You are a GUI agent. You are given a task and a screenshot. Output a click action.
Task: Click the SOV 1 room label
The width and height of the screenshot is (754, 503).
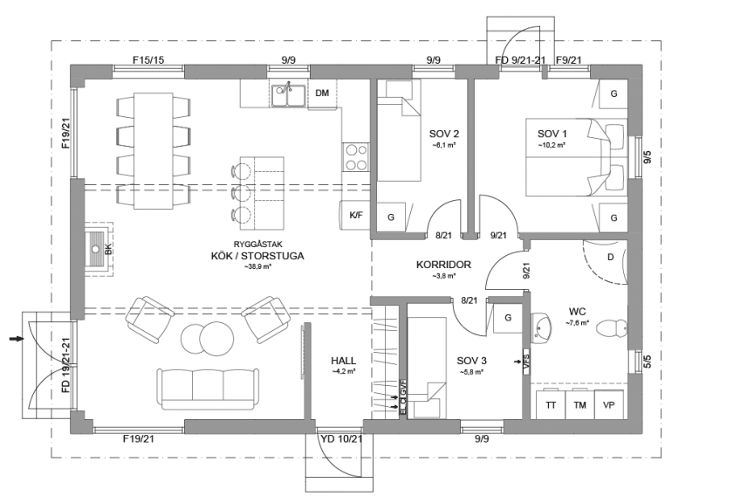point(552,133)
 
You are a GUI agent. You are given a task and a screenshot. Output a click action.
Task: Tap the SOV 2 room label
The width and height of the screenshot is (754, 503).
point(444,134)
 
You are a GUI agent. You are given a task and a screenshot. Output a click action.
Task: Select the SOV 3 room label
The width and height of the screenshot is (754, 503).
point(471,359)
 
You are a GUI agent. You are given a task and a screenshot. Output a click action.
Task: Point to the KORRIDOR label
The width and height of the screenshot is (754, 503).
point(444,264)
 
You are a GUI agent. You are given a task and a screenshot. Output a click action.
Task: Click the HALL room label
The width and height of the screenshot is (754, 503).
point(345,359)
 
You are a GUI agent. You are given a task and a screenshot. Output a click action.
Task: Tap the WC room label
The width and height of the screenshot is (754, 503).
point(578,310)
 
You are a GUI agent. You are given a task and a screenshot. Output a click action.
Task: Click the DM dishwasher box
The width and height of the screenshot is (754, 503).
point(322,93)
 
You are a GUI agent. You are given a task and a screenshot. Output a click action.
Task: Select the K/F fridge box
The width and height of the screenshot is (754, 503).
point(356,214)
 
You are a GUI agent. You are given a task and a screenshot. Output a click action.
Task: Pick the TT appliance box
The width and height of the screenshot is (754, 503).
point(551,405)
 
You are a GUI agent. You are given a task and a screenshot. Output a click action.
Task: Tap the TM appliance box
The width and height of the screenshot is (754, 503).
point(579,405)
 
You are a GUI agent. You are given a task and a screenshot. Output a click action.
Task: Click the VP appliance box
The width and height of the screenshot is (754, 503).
point(609,405)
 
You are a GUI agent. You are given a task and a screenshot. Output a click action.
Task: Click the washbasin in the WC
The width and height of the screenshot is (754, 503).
point(544,328)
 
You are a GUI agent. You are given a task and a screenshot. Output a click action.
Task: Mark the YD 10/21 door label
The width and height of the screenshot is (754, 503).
point(341,438)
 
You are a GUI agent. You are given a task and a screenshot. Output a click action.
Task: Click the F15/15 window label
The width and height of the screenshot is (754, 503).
point(148,59)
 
